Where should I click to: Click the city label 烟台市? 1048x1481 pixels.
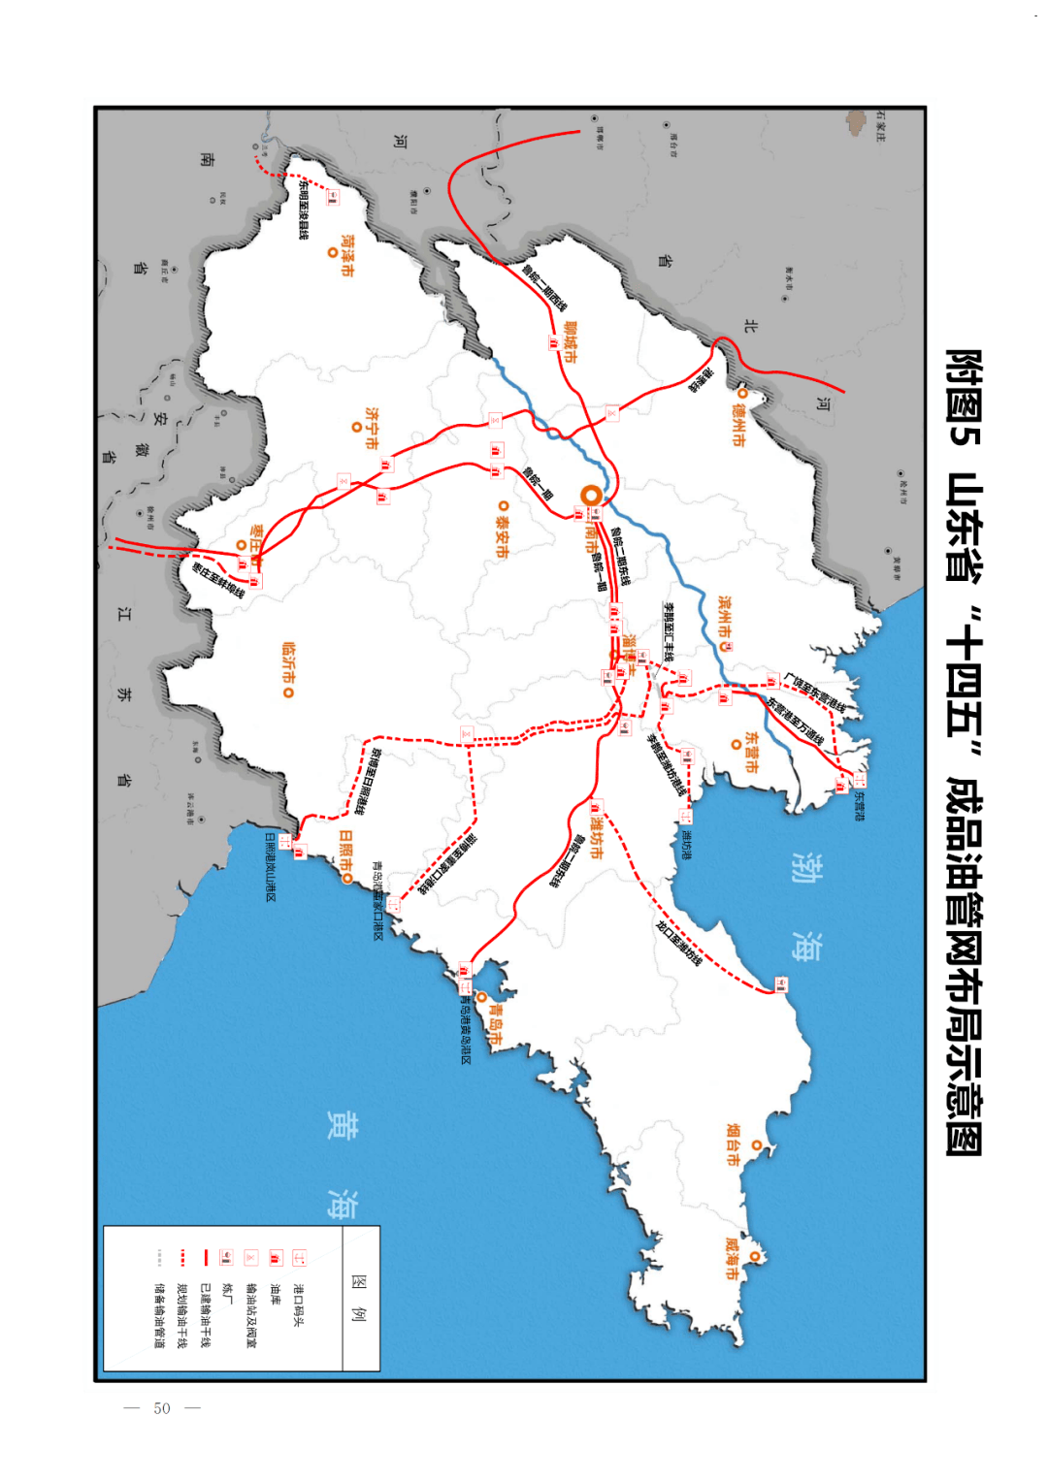(x=735, y=1144)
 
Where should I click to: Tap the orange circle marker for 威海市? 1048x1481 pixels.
(x=756, y=1257)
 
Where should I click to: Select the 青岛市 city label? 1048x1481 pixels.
(x=496, y=1024)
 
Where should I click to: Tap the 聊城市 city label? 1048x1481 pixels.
(x=570, y=342)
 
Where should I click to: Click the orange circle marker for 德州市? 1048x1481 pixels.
(x=742, y=394)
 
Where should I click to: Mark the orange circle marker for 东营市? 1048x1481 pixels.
(x=737, y=745)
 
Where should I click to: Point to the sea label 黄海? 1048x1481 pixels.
(x=341, y=1164)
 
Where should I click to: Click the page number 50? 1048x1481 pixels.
(x=162, y=1408)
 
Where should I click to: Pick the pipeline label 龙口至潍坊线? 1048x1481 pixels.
(x=678, y=942)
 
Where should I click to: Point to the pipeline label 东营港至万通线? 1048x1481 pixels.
(x=796, y=721)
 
